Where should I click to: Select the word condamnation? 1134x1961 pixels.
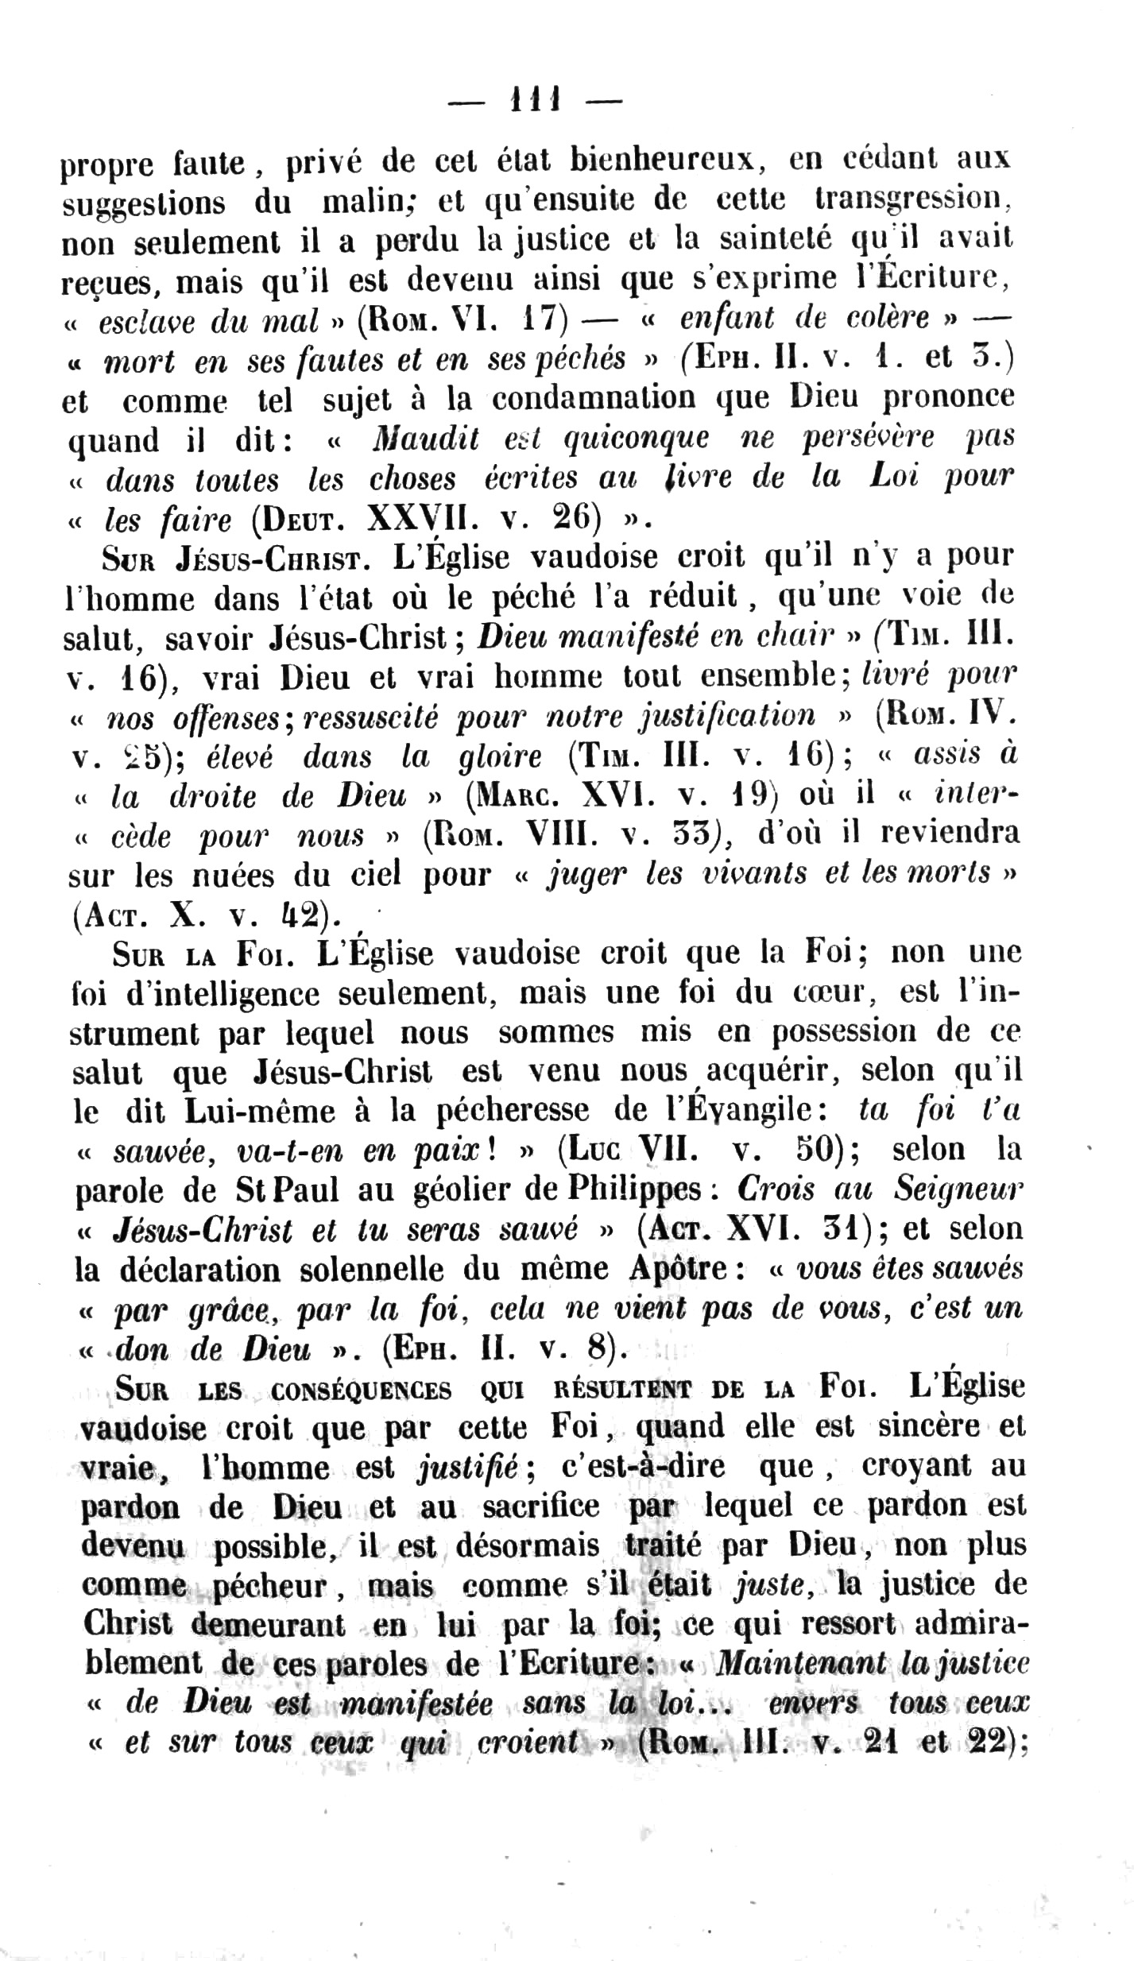[597, 398]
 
